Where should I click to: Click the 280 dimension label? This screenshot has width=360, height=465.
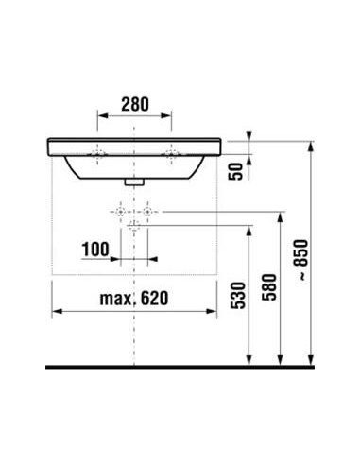135,104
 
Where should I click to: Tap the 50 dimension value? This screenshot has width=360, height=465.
236,171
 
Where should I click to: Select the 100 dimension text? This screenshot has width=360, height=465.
95,250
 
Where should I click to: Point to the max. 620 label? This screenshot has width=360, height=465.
134,298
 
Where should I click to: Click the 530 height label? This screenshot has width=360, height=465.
238,295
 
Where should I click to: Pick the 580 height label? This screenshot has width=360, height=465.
269,287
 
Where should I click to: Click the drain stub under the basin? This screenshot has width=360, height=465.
134,181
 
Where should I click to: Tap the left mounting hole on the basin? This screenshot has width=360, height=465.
97,154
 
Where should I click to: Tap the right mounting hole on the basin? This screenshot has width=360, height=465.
172,154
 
